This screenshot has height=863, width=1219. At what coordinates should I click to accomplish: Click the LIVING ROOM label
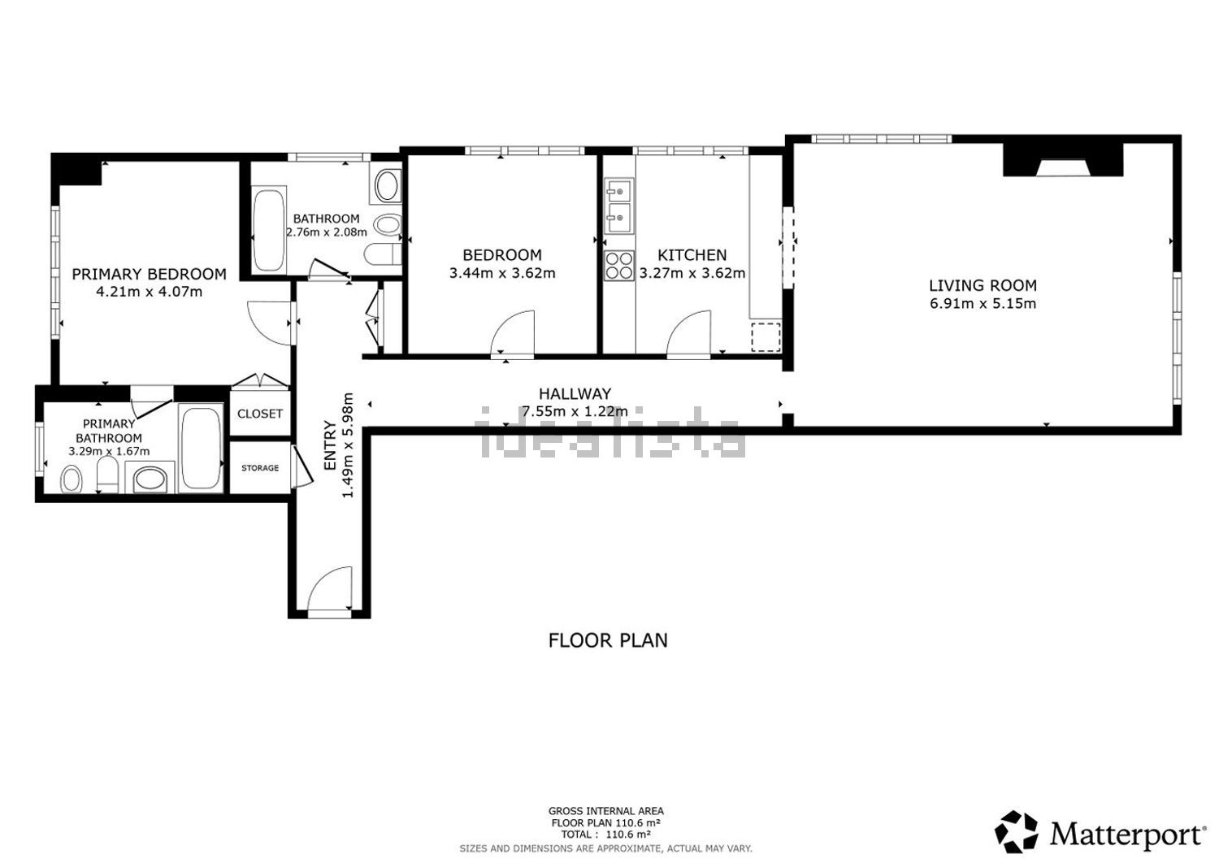click(983, 285)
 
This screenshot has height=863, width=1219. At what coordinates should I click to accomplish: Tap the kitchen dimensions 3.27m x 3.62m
click(692, 272)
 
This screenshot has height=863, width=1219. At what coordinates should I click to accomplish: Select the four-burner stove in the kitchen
click(619, 266)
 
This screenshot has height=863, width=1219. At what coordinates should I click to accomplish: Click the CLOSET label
click(259, 414)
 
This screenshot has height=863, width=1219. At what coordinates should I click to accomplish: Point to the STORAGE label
click(260, 468)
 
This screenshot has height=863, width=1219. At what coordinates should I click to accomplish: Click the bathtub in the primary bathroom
click(201, 448)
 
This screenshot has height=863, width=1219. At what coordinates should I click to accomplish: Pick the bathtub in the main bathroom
click(268, 229)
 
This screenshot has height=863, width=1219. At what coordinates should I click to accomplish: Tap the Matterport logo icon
click(1016, 832)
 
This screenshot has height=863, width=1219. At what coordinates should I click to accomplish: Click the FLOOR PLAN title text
click(608, 640)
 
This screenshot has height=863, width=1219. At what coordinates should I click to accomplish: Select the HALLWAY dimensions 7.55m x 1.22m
click(575, 411)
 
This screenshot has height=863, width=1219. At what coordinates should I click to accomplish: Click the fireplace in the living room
click(1063, 160)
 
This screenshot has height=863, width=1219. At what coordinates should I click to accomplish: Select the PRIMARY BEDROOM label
click(149, 274)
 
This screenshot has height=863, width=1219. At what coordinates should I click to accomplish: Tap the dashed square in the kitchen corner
click(766, 336)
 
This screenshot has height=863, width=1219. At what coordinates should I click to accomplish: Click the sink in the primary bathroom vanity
click(150, 479)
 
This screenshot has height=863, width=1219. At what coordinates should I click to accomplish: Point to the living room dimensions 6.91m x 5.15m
click(983, 303)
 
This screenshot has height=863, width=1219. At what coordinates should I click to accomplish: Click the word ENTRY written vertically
click(330, 445)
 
